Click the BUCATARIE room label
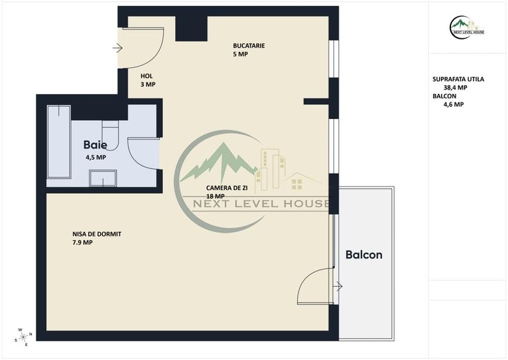pos(249,46)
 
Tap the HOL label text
pos(146,76)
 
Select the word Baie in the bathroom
pos(95,145)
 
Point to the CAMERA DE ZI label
pos(227,188)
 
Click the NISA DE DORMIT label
pos(97,234)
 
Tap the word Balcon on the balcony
pos(364,254)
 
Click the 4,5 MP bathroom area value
pos(96,158)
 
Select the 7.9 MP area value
pos(82,242)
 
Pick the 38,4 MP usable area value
pos(455,88)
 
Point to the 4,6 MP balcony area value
pos(454,104)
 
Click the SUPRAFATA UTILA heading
pos(458,79)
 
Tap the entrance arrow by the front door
pos(118,49)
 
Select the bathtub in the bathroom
pos(59,142)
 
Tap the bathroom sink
pos(103,178)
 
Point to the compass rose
pos(24,337)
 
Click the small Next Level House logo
pos(467,27)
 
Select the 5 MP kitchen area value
pos(240,54)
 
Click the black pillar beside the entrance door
pos(191,29)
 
